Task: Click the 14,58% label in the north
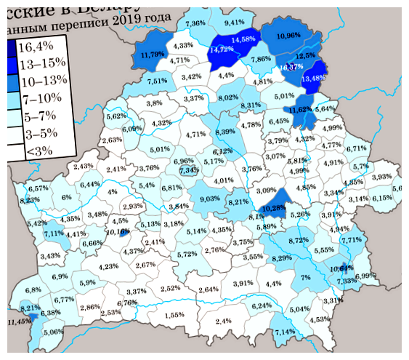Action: pos(243,39)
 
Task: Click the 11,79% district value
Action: pos(152,55)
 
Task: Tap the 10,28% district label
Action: pos(274,208)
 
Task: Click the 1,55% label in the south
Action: pos(174,315)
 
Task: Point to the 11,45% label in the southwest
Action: pos(20,321)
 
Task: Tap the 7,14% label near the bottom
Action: pos(284,332)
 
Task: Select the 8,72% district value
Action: pos(299,239)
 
